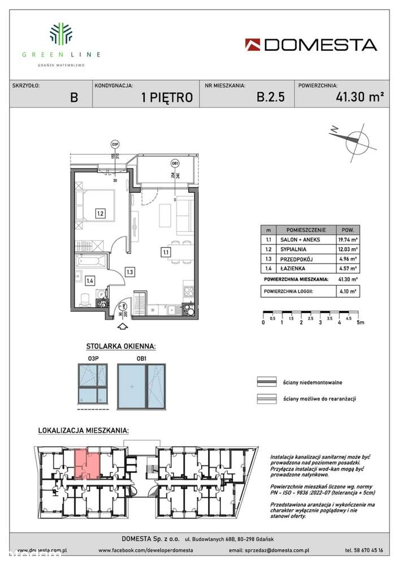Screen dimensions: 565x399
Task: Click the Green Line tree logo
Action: (x=61, y=34)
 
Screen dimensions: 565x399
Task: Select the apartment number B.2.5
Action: (x=271, y=97)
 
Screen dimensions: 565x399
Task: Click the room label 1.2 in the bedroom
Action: (x=99, y=213)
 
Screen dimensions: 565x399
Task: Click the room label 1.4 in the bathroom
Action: (x=89, y=279)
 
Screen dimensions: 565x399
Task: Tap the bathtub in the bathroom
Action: (x=90, y=262)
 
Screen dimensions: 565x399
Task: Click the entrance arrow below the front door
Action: (x=122, y=325)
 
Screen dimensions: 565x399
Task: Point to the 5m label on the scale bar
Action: (x=361, y=322)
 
